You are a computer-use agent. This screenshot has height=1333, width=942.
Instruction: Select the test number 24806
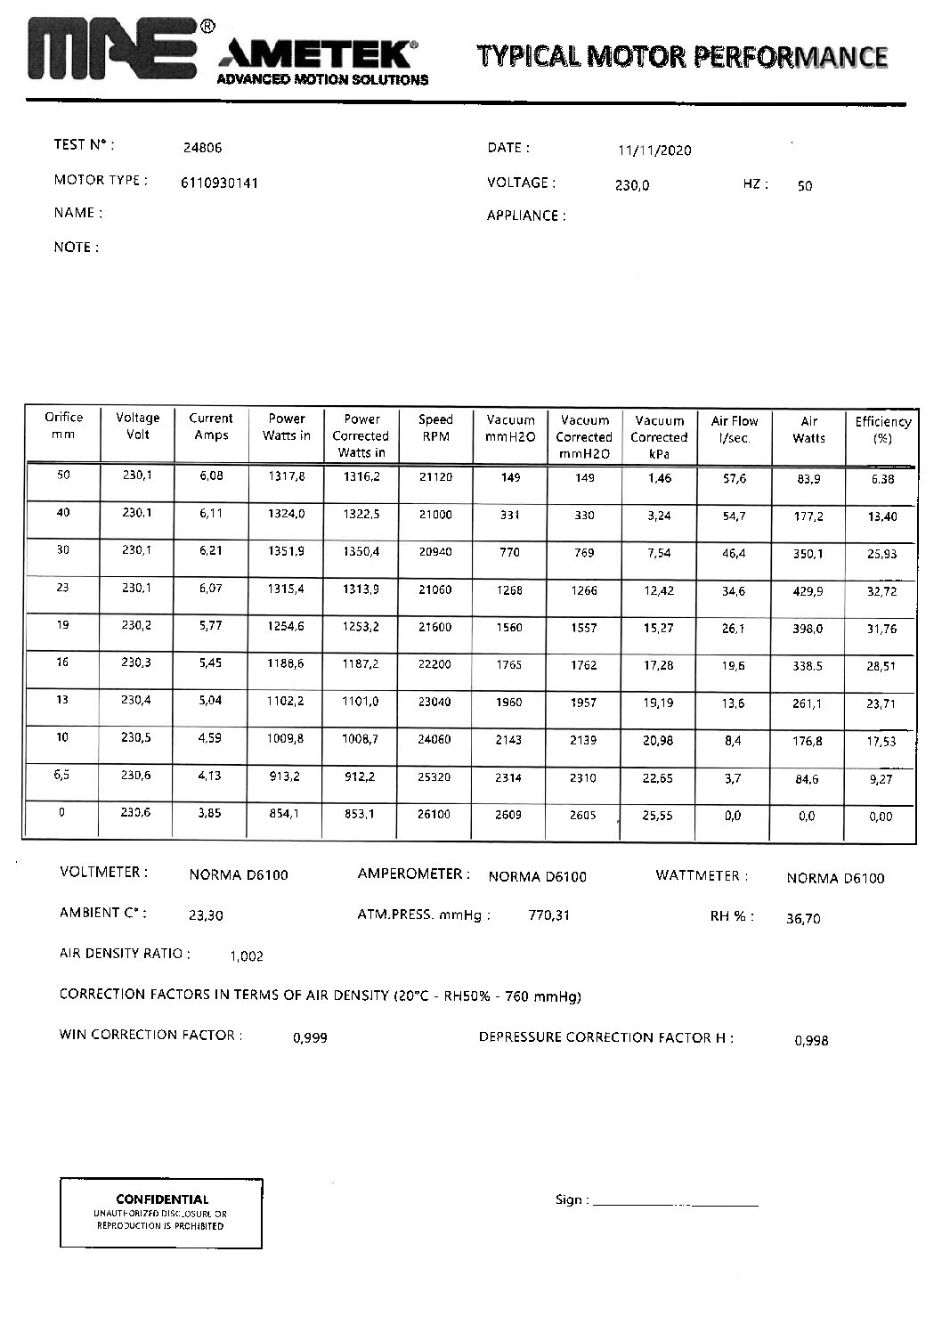coord(201,149)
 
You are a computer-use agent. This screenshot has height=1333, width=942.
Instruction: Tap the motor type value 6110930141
coord(219,183)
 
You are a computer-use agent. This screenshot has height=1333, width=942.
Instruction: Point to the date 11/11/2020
coord(654,150)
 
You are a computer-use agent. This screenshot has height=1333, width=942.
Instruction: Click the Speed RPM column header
coord(435,427)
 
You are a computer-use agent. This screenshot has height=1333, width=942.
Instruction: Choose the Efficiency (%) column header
coord(882,430)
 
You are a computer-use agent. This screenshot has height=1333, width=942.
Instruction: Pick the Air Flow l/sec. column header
coord(735,429)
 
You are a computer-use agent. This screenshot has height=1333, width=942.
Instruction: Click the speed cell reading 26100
coord(435,815)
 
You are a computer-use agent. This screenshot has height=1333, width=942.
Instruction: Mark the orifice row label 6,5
coord(62,774)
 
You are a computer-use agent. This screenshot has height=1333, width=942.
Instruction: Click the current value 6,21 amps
coord(211,551)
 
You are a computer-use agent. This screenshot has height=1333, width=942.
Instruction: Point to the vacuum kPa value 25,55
coord(657,816)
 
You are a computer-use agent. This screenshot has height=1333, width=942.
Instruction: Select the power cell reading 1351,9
coord(287,551)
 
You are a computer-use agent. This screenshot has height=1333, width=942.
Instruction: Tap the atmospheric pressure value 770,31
coord(548,915)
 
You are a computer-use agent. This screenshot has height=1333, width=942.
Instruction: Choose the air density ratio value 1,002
coord(247,956)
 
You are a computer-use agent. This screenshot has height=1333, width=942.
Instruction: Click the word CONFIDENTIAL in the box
coord(162,1199)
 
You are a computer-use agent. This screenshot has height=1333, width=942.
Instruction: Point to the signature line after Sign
coord(675,1203)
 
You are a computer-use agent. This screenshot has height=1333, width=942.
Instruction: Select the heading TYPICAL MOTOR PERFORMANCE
coord(683,56)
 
